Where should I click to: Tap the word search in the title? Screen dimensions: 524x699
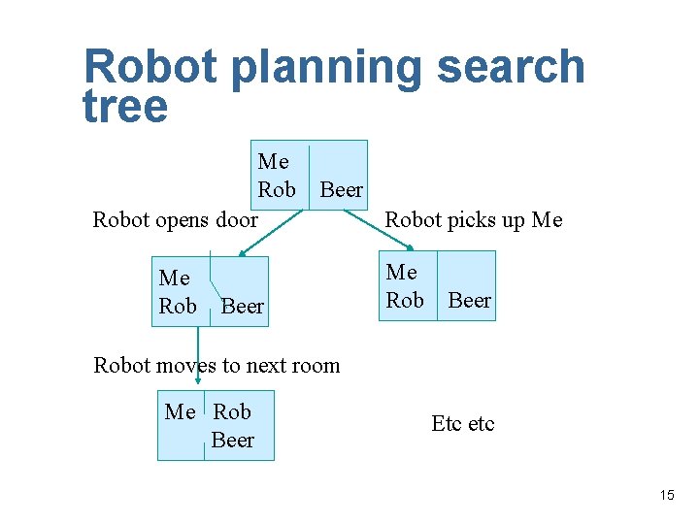pos(511,68)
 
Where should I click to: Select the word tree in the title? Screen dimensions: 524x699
pos(125,107)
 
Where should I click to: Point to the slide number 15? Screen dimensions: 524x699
pos(666,496)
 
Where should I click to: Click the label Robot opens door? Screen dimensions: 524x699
pos(175,220)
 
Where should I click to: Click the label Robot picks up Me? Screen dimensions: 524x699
pos(473,220)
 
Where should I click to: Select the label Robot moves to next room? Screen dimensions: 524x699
pos(216,366)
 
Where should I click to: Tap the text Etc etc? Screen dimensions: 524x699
pos(462,424)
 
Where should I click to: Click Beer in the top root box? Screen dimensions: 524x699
pos(341,190)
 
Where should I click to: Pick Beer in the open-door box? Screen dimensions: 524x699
pos(243,307)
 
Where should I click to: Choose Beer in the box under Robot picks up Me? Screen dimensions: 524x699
pos(469,301)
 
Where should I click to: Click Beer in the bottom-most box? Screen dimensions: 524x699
pos(233,441)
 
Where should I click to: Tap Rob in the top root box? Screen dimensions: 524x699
pos(277,189)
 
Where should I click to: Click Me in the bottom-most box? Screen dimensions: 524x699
pos(181,412)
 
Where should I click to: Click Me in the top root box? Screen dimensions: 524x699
pos(274,162)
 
